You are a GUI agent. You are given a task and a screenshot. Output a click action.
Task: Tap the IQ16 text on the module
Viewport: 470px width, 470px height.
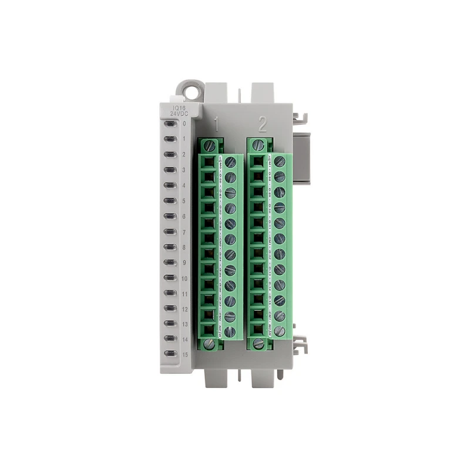click(176, 107)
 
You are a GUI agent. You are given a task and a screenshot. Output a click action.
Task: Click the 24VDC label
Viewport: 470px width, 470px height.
click(176, 113)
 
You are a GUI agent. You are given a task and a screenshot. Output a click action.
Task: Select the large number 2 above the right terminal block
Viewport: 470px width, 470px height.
click(263, 124)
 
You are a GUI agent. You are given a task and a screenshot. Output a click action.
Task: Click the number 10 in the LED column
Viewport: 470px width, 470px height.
click(184, 277)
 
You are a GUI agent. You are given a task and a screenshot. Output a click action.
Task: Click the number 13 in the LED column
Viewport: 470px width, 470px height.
click(184, 323)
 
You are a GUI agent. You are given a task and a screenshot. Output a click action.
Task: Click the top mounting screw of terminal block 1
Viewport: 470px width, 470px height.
click(210, 145)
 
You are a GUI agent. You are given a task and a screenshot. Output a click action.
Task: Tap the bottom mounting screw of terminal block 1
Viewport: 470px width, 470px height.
click(210, 343)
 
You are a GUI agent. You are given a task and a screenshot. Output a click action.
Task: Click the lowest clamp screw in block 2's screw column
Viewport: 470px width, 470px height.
click(279, 331)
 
